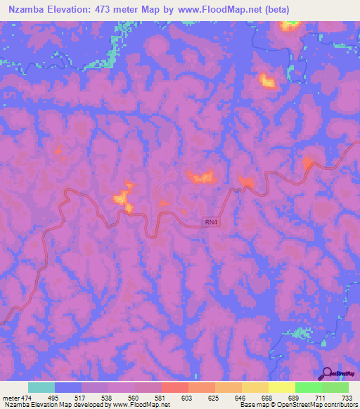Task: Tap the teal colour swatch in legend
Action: click(41, 387)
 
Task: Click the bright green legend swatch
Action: click(308, 387)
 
